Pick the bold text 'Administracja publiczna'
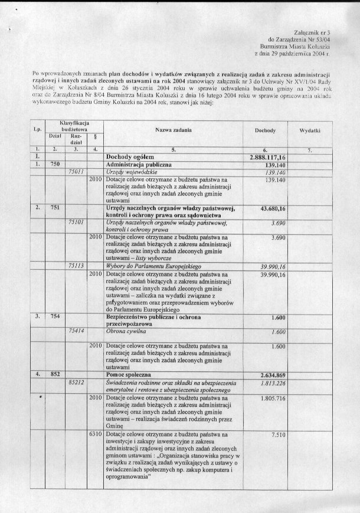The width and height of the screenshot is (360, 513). coord(139,165)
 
